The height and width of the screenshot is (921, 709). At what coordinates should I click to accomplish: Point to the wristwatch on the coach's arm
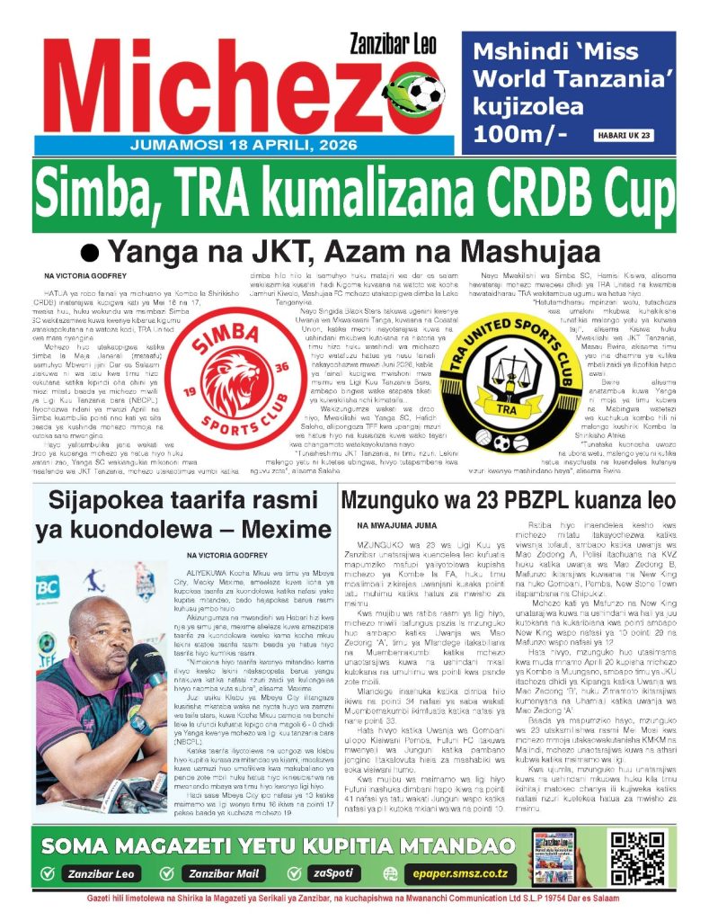tap(137, 723)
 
